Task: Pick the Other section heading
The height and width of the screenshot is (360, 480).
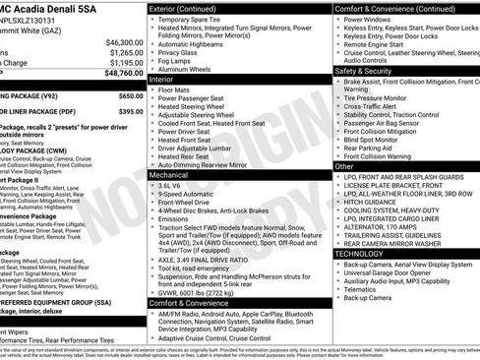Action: (344, 166)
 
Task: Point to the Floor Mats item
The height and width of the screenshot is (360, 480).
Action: (176, 90)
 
